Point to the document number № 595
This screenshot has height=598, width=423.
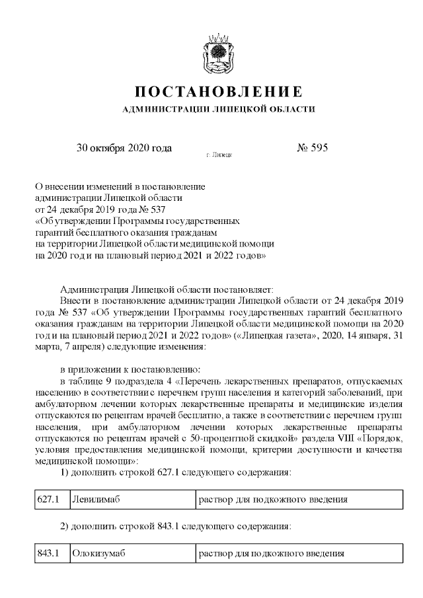[313, 148]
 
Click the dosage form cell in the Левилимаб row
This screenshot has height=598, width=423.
[273, 499]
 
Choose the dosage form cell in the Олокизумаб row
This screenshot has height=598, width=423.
[273, 553]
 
